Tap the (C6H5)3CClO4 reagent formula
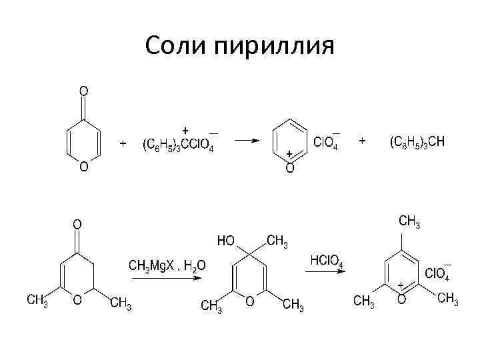point(178,145)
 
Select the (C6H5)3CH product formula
point(417,143)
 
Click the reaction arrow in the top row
point(250,141)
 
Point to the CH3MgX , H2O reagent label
point(167,265)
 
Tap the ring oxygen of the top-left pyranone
point(84,167)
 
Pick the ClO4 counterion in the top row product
point(325,143)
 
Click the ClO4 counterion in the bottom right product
point(437,274)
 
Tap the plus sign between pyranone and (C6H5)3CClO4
point(123,143)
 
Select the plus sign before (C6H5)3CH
point(363,141)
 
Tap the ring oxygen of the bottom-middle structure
point(249,301)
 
